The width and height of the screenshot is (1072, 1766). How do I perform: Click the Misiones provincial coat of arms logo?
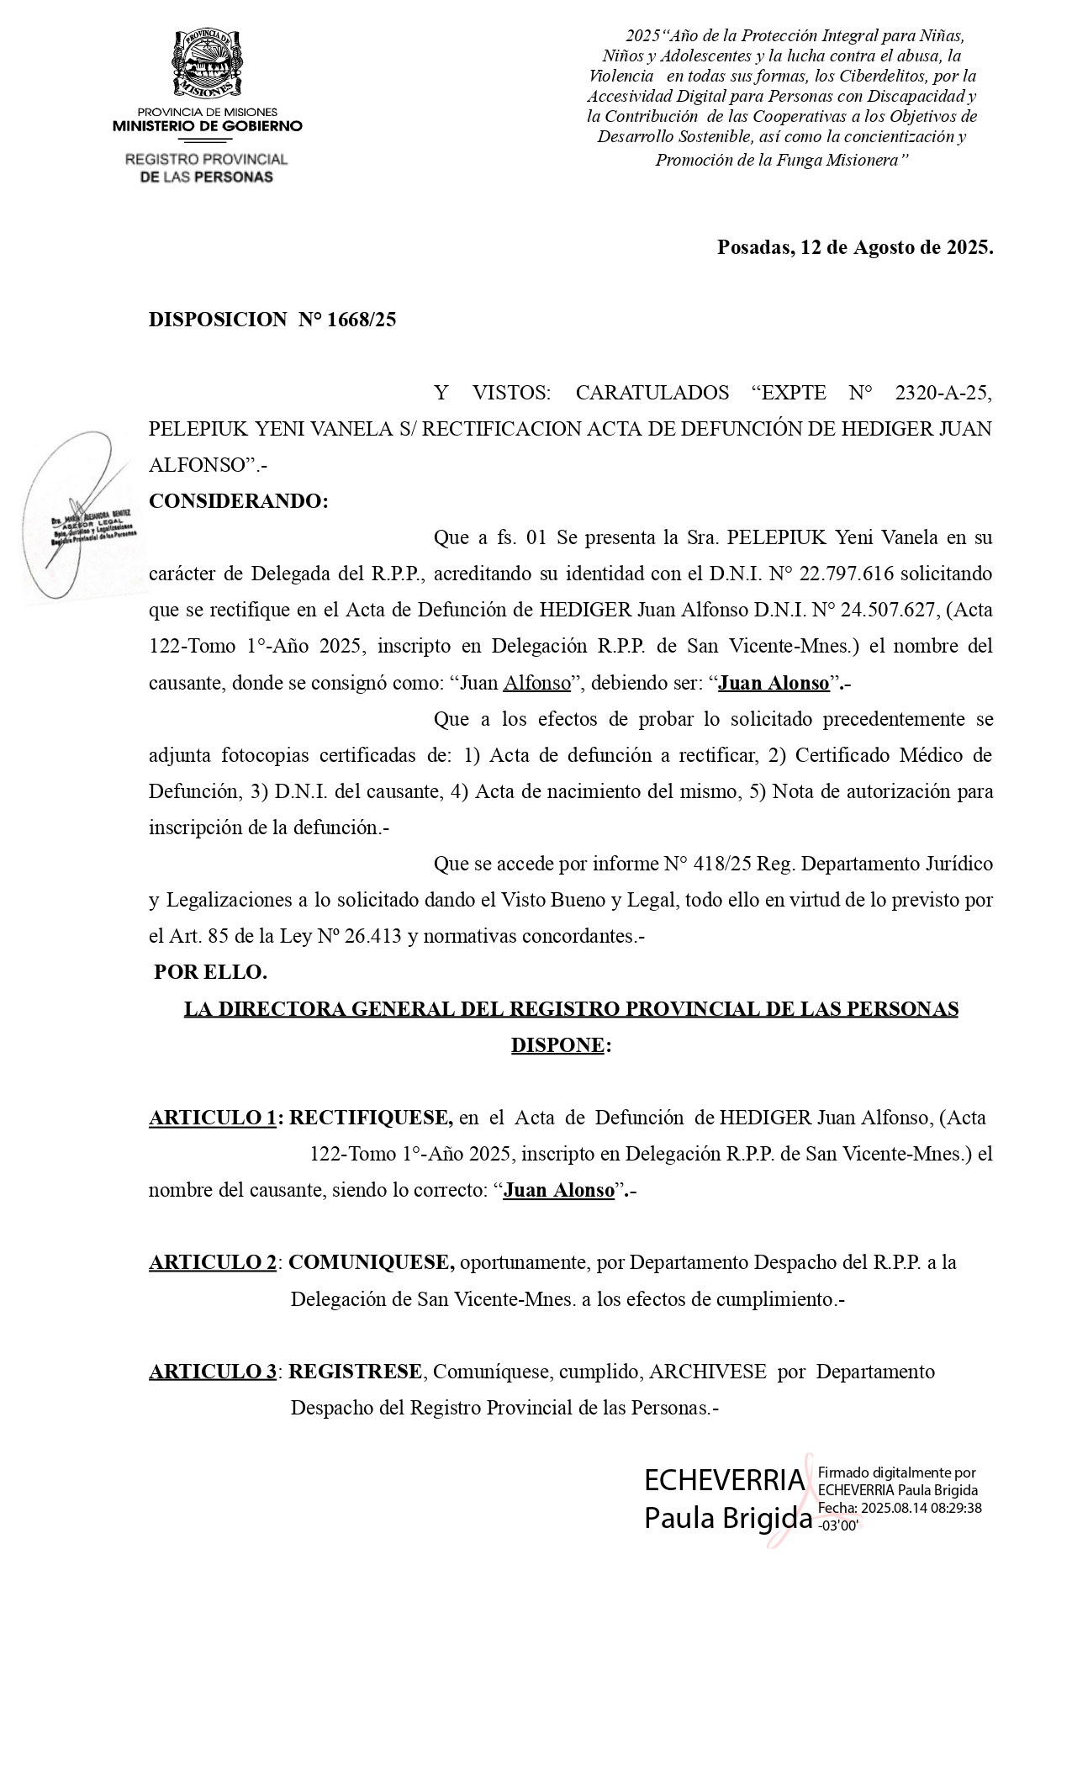pos(207,65)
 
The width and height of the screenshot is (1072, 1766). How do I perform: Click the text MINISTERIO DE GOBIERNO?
pos(207,126)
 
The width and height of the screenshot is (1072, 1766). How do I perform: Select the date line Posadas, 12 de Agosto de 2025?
pos(854,247)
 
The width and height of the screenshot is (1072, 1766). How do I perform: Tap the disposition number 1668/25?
pos(361,320)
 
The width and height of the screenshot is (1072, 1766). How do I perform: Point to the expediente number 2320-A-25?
pos(943,393)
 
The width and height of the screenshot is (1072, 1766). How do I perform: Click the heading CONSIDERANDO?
pos(238,501)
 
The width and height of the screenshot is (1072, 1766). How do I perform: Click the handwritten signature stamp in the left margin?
pos(80,517)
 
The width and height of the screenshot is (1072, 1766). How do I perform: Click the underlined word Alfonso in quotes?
pos(536,683)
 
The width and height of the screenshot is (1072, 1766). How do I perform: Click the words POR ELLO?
pos(210,972)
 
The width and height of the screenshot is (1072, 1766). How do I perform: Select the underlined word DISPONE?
pos(557,1045)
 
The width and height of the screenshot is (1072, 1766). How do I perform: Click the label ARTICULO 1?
pos(213,1118)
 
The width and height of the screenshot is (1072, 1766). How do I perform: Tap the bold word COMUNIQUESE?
pos(371,1262)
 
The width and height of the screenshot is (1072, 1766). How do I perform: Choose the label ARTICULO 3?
pos(213,1372)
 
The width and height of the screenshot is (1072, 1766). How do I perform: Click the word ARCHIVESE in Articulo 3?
pos(707,1372)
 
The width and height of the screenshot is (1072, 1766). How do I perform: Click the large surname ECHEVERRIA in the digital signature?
pos(725,1479)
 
